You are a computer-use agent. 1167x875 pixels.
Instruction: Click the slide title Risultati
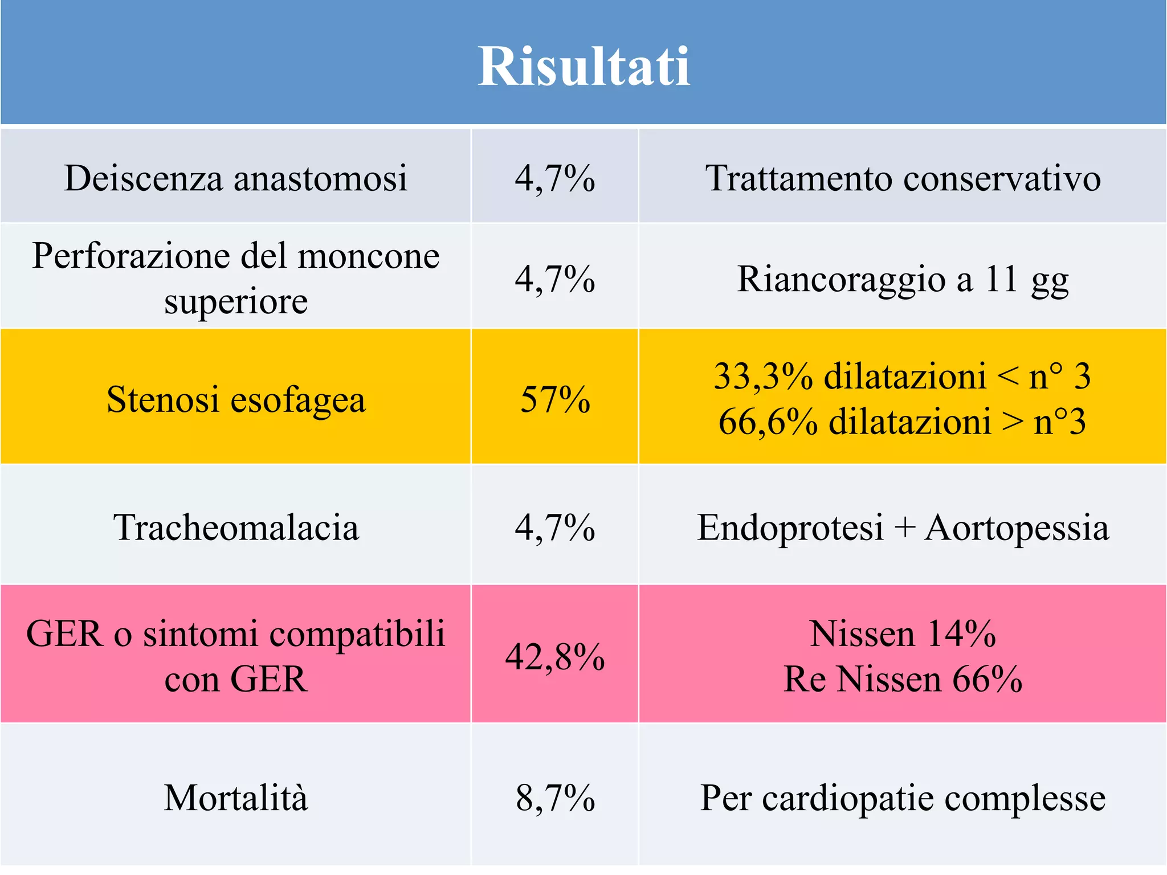[583, 67]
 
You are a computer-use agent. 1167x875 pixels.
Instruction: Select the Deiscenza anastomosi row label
[235, 178]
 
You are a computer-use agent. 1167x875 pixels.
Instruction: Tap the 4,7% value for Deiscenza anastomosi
[554, 178]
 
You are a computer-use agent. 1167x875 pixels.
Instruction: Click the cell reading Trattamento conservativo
[903, 178]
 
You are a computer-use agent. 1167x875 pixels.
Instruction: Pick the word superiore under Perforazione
[236, 301]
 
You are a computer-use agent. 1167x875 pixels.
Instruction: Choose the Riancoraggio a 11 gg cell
[903, 279]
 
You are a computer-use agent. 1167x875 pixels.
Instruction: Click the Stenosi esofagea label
[235, 399]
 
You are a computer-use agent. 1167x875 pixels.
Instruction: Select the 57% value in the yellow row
[554, 399]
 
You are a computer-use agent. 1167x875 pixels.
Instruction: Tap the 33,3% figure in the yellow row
[764, 377]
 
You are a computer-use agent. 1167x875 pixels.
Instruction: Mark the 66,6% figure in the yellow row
[768, 422]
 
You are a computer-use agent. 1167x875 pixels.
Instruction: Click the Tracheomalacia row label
[235, 528]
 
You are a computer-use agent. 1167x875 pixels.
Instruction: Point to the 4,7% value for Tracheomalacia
[554, 528]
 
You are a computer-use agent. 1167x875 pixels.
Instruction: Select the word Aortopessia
[1017, 528]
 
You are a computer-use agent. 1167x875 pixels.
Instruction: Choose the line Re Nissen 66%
[903, 679]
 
